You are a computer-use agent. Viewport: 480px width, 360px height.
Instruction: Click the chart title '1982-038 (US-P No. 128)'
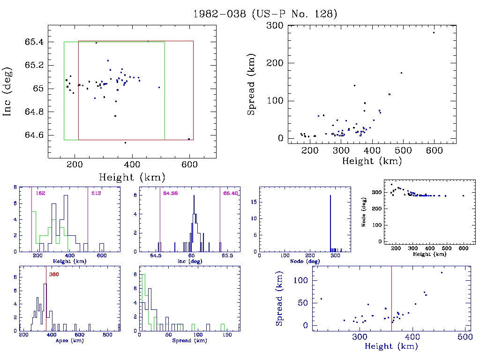pyautogui.click(x=265, y=14)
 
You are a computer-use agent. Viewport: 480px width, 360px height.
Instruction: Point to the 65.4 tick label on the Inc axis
pyautogui.click(x=35, y=42)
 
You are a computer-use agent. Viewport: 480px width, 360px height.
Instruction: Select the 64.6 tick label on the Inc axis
pyautogui.click(x=35, y=135)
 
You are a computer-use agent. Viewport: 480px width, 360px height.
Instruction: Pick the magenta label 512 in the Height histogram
pyautogui.click(x=96, y=193)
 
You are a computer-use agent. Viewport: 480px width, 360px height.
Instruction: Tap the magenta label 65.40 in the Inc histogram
pyautogui.click(x=231, y=193)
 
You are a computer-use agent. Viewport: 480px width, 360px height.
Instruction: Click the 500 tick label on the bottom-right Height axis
pyautogui.click(x=465, y=337)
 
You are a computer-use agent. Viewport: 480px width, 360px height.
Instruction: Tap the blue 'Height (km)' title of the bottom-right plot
pyautogui.click(x=391, y=346)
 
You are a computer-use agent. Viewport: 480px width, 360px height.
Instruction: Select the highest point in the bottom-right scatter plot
pyautogui.click(x=442, y=272)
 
